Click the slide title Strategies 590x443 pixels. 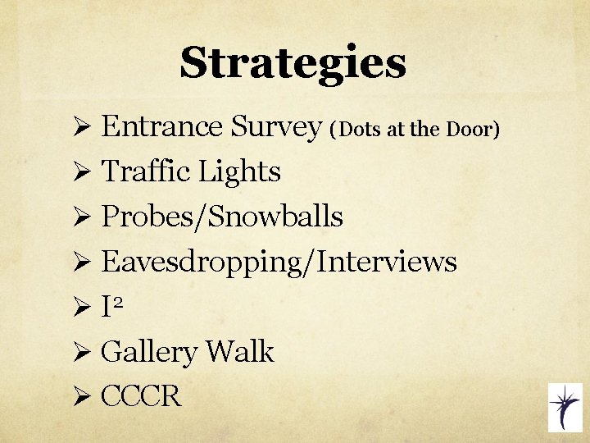coord(293,63)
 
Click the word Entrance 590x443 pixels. coord(161,126)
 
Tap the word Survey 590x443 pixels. coord(276,126)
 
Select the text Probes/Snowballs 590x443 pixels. coord(221,217)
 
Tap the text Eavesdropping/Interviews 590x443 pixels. coord(279,262)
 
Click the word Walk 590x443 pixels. coord(240,352)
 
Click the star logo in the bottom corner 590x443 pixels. coord(564,408)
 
